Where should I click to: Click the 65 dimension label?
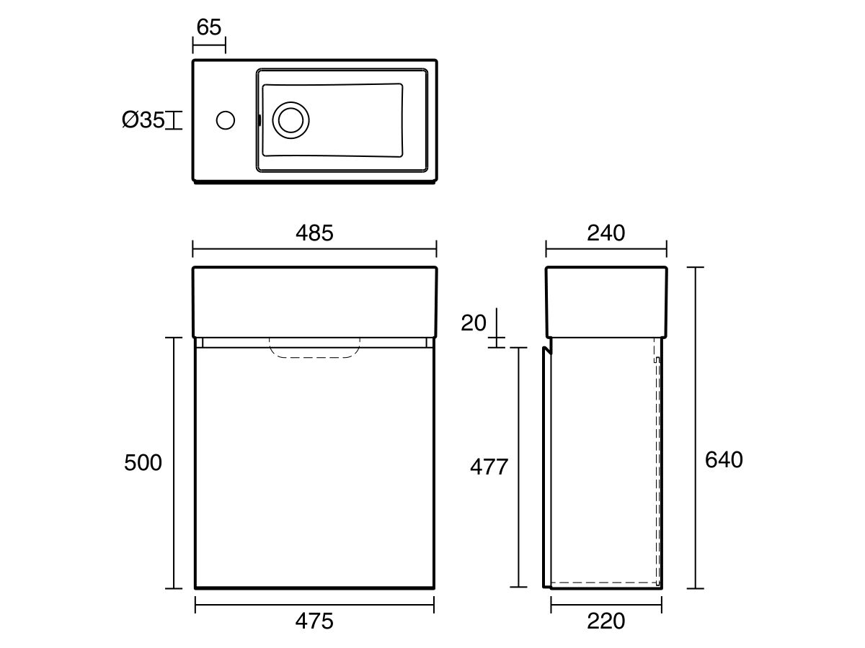(208, 27)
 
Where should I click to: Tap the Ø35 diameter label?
(143, 120)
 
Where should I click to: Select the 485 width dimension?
(314, 233)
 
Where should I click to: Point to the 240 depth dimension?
(605, 233)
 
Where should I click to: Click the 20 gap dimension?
(474, 323)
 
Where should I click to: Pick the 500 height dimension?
(143, 463)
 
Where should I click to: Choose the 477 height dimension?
(489, 467)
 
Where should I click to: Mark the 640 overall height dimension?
(723, 460)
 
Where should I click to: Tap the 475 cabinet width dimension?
(314, 621)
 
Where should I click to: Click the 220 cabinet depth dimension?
(605, 621)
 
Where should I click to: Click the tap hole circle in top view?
(226, 120)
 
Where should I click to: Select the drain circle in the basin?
(291, 120)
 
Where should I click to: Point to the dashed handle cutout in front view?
(314, 347)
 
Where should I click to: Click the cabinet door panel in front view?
(314, 468)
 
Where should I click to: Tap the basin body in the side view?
(605, 301)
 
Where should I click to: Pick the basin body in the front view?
(314, 301)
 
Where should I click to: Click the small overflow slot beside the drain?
(259, 120)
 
